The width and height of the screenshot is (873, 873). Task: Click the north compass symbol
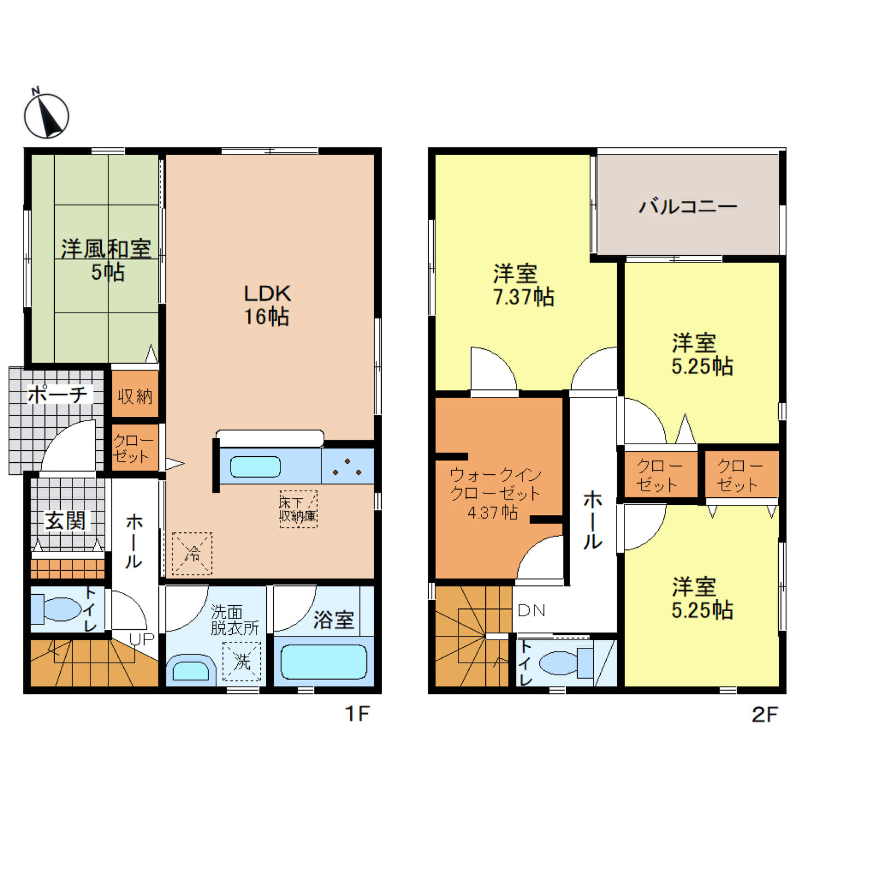click(x=47, y=115)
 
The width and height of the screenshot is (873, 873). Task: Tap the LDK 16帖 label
click(x=267, y=305)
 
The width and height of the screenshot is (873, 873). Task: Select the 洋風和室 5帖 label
click(x=106, y=260)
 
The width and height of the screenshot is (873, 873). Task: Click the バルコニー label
click(x=688, y=206)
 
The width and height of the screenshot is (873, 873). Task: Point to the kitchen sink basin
click(x=255, y=467)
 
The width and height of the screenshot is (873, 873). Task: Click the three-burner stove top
click(x=348, y=467)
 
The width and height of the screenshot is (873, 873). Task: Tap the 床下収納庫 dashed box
click(x=298, y=509)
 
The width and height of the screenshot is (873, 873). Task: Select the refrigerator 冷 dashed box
click(x=192, y=554)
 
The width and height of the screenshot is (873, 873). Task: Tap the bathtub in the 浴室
click(x=324, y=662)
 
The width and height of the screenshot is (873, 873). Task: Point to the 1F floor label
click(x=357, y=714)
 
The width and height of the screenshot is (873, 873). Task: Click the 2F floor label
click(x=765, y=714)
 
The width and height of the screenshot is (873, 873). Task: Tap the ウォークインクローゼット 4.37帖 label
click(x=495, y=493)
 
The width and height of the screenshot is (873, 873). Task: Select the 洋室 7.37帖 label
click(x=523, y=285)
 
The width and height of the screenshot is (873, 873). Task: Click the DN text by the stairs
click(x=531, y=610)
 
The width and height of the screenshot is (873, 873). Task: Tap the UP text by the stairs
click(x=141, y=639)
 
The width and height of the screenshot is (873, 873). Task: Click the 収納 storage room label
click(x=135, y=396)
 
